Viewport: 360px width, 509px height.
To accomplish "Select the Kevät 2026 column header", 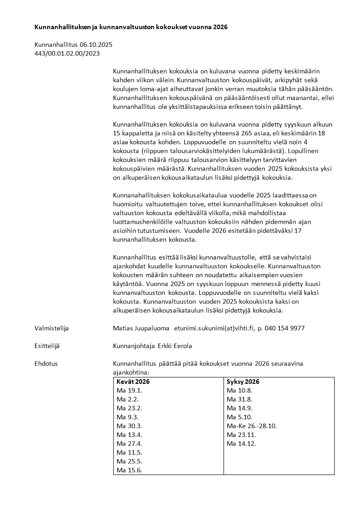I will coord(133,382).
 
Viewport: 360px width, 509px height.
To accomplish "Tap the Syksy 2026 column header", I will coord(243,382).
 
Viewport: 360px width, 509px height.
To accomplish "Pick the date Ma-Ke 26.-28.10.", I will coord(252,426).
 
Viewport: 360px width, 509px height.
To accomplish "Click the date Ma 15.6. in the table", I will coord(129,470).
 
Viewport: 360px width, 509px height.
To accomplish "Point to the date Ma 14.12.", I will coord(241,444).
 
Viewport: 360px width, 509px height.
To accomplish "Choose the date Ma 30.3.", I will coord(129,426).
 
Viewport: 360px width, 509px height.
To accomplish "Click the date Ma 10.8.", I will coord(239,391).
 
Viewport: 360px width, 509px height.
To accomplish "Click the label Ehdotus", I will coord(46,363).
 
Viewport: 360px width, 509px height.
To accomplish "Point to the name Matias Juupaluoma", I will coord(141,328).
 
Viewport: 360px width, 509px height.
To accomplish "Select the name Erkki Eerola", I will coord(175,346).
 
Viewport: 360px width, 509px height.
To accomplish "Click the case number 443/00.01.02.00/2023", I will coord(67,53).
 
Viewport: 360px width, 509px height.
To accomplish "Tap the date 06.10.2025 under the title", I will coord(96,44).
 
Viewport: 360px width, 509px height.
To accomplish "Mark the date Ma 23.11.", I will coord(241,435).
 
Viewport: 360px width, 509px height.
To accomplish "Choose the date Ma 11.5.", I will coord(129,452).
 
